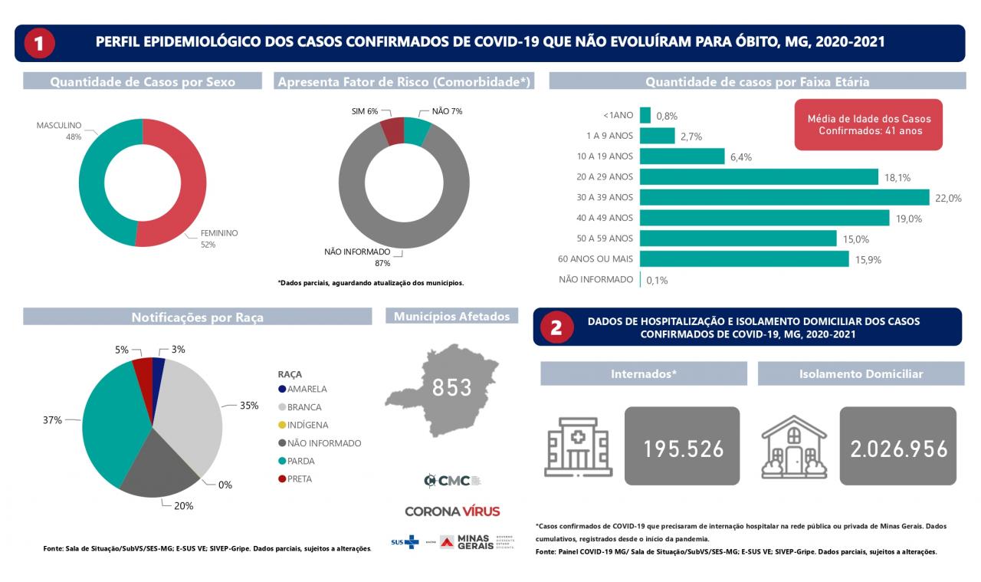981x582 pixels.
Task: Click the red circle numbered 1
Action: pyautogui.click(x=39, y=43)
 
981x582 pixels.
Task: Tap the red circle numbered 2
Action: pyautogui.click(x=557, y=327)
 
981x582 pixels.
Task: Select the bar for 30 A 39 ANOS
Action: pyautogui.click(x=784, y=197)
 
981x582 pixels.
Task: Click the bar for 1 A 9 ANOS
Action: pyautogui.click(x=657, y=136)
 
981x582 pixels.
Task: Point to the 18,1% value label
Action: pyautogui.click(x=897, y=177)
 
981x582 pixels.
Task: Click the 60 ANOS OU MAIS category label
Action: pyautogui.click(x=596, y=259)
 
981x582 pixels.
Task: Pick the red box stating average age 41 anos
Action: pyautogui.click(x=868, y=125)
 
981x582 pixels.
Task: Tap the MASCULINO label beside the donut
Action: pyautogui.click(x=59, y=125)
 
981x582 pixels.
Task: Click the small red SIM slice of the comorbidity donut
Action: pyautogui.click(x=393, y=131)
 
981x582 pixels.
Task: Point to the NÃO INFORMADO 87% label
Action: pyautogui.click(x=357, y=257)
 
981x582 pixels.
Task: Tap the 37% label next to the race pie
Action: pyautogui.click(x=52, y=420)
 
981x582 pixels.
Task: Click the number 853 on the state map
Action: pyautogui.click(x=451, y=388)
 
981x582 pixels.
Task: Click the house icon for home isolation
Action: pyautogui.click(x=793, y=447)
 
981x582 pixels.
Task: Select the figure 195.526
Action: pyautogui.click(x=682, y=449)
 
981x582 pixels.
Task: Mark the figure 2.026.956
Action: pyautogui.click(x=898, y=449)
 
